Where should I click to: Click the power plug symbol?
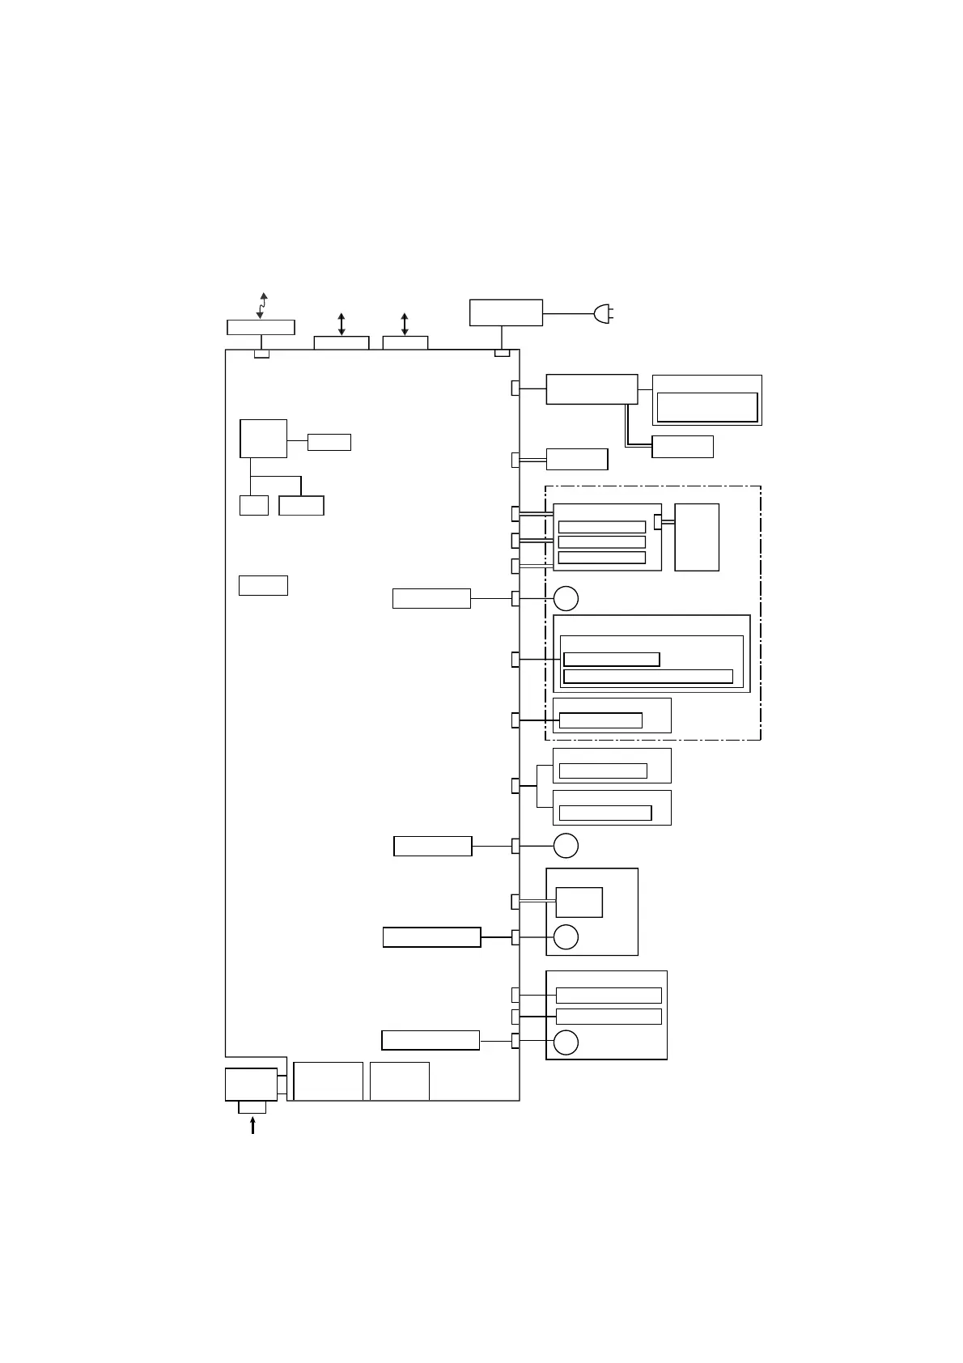[603, 313]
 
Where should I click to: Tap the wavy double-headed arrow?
[261, 305]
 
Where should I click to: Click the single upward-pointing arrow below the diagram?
[252, 1125]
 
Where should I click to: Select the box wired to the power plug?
[506, 312]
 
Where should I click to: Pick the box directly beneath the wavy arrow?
[261, 327]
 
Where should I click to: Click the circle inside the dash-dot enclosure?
[566, 598]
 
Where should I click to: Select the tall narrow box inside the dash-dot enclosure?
[696, 537]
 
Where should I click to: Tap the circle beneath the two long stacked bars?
[566, 1042]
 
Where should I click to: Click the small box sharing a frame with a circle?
[579, 902]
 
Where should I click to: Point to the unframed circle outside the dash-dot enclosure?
[566, 846]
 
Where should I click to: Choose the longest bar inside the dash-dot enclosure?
[647, 677]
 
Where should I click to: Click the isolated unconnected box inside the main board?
[263, 585]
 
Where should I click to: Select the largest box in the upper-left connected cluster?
[263, 439]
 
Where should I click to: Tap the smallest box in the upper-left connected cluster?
[253, 506]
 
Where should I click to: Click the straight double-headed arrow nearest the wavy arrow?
[342, 324]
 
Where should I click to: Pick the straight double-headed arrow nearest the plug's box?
[405, 324]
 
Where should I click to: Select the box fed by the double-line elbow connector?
[682, 447]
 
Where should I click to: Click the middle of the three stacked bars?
[601, 542]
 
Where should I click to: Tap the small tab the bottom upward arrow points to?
[252, 1107]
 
